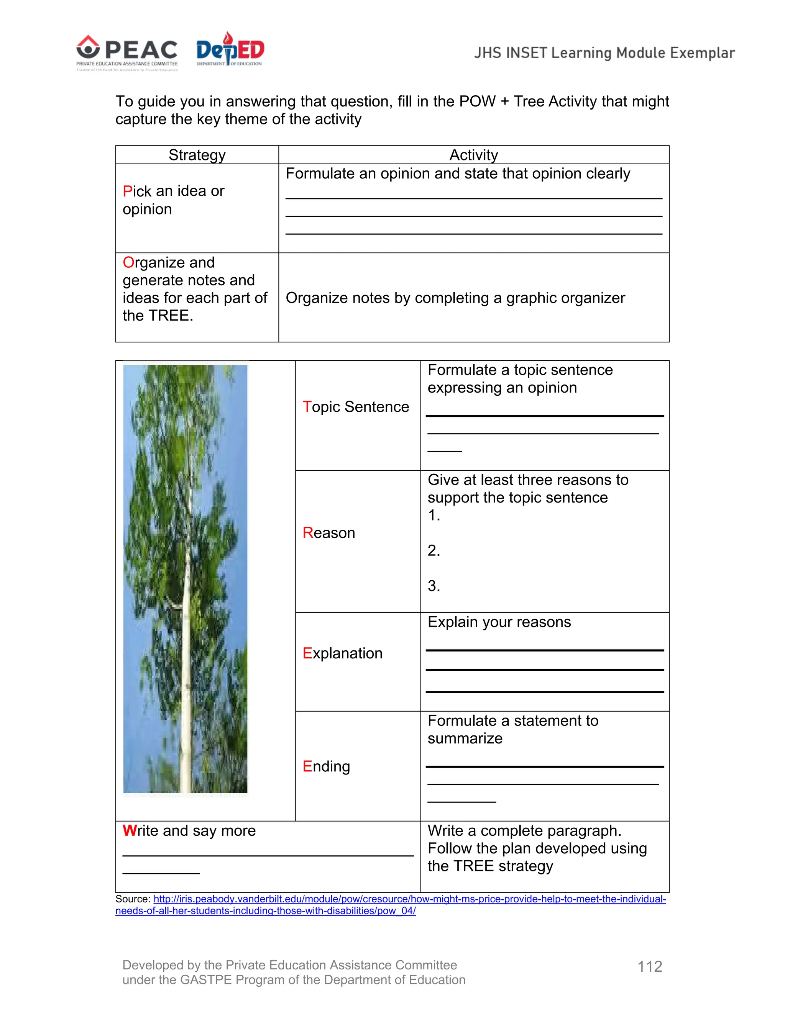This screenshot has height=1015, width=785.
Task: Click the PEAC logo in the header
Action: coord(127,52)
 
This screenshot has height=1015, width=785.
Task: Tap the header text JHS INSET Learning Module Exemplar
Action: coord(604,53)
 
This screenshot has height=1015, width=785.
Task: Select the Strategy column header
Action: coord(197,155)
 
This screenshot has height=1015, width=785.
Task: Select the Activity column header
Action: coord(473,155)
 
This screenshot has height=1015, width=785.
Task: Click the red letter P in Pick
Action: coord(127,191)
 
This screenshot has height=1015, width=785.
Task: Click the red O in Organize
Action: coord(128,263)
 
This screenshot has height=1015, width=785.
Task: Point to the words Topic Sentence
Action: coord(356,407)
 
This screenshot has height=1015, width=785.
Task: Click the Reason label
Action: coord(329,533)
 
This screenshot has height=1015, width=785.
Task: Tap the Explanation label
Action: coord(342,653)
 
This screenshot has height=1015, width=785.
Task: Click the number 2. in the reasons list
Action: coord(434,550)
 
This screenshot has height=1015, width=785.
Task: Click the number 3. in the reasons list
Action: coord(434,586)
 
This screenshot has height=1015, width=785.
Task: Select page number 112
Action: coord(650,966)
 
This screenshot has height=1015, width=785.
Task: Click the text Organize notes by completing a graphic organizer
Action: coord(455,298)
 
